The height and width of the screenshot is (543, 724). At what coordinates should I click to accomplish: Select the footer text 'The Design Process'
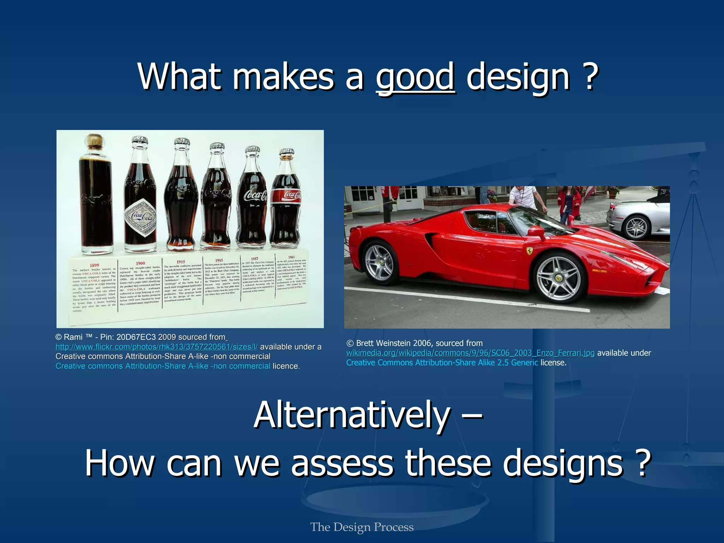point(362,527)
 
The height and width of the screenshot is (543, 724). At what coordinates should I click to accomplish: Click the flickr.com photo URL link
point(157,347)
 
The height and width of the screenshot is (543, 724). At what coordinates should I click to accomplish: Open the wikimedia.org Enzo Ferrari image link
point(470,353)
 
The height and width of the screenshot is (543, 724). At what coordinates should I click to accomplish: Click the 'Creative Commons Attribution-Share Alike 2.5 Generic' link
point(442,363)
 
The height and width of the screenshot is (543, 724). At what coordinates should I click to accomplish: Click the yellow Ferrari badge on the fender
point(529,251)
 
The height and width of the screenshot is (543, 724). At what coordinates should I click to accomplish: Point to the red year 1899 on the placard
point(94,265)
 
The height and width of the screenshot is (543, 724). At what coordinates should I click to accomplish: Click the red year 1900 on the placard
point(140,263)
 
